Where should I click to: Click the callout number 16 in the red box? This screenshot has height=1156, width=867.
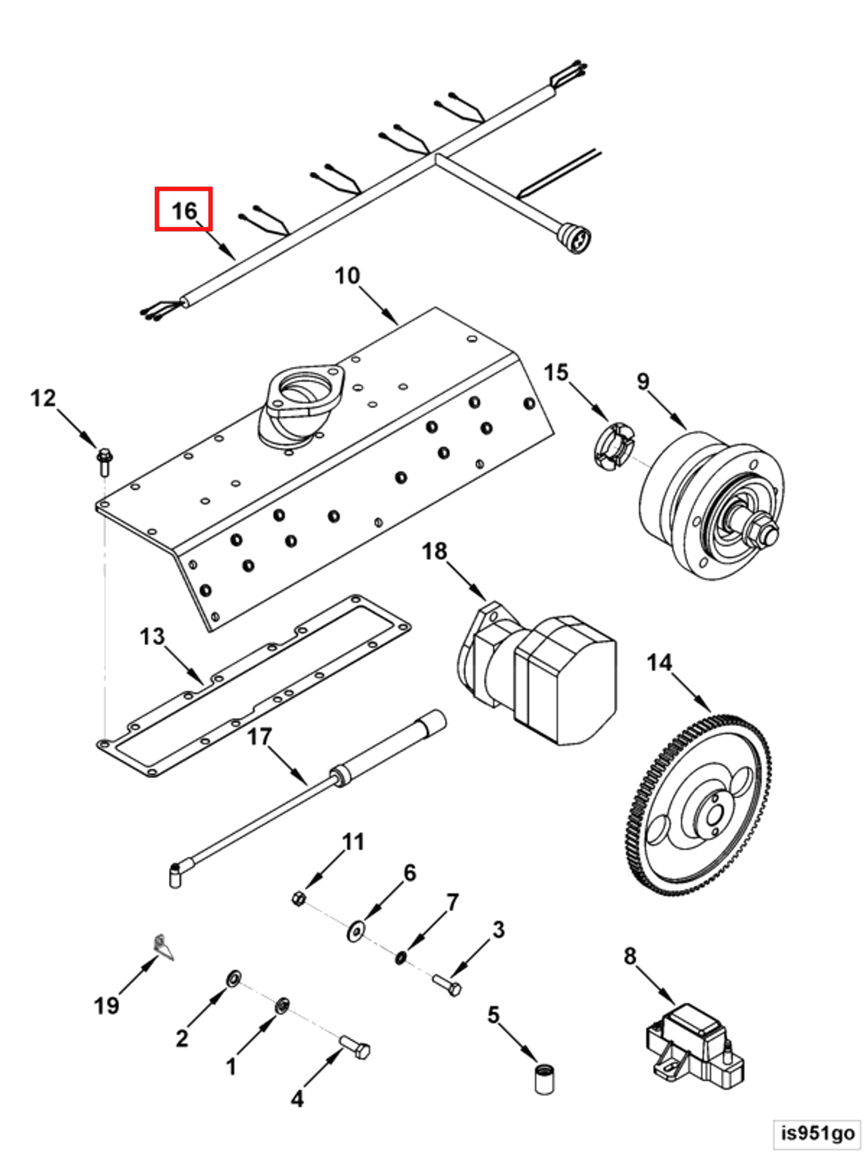pyautogui.click(x=184, y=211)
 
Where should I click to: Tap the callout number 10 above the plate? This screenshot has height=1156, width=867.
pyautogui.click(x=347, y=276)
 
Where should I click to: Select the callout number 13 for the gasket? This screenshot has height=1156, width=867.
pyautogui.click(x=152, y=636)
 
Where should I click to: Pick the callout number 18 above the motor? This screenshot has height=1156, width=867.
pyautogui.click(x=435, y=551)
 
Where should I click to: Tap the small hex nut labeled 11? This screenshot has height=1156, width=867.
pyautogui.click(x=298, y=899)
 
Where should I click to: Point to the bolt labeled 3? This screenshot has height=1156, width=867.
pyautogui.click(x=447, y=985)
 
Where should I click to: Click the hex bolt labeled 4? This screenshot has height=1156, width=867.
pyautogui.click(x=356, y=1047)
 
